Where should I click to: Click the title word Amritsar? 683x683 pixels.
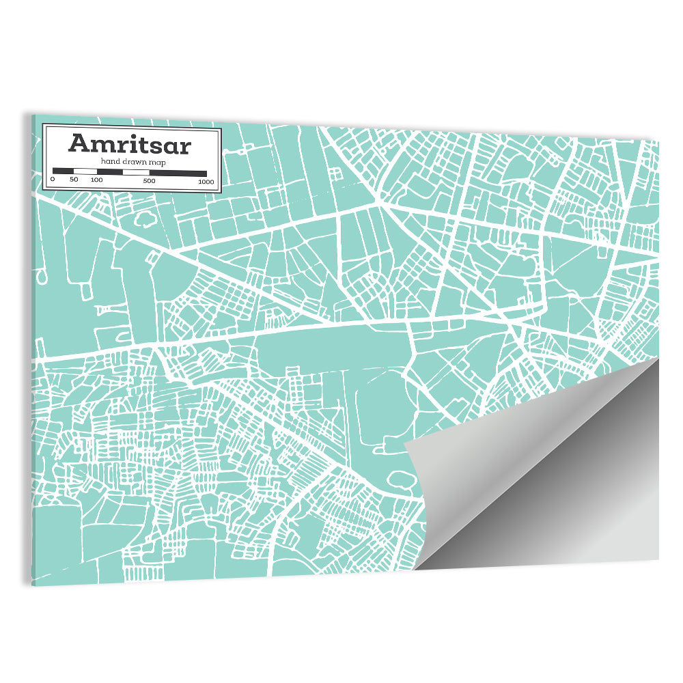point(129,145)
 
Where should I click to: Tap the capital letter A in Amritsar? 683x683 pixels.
point(79,144)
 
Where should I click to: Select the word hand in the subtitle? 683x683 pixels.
point(110,161)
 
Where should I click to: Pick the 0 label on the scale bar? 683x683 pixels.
point(53,180)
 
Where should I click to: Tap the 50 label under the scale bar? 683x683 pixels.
point(74,180)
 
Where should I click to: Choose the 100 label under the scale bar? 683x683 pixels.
point(96,180)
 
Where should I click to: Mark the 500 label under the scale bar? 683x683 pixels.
point(149,181)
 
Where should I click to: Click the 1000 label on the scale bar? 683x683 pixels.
point(205,182)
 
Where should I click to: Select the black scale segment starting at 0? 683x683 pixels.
point(63,171)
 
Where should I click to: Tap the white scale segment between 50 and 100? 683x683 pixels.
point(85,171)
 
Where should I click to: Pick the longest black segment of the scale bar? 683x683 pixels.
point(178,173)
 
